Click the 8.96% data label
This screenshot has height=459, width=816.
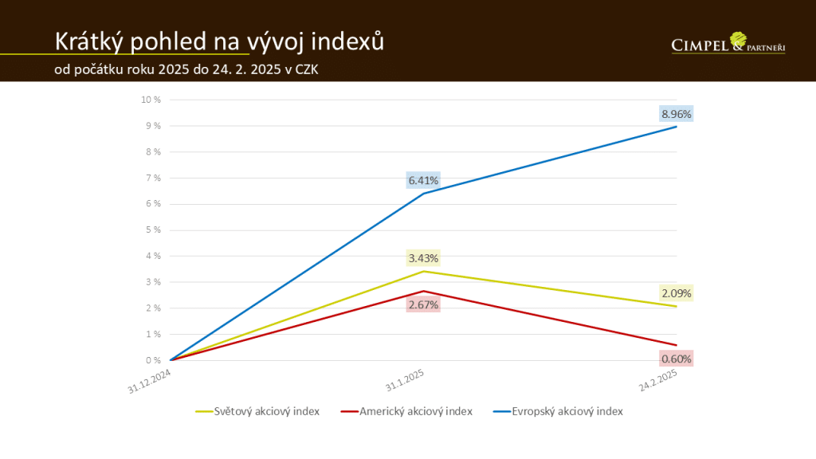(677, 114)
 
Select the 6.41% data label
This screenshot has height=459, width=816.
(423, 181)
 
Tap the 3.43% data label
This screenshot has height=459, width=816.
(423, 258)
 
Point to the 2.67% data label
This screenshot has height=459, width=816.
(423, 304)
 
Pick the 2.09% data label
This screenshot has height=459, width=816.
(677, 293)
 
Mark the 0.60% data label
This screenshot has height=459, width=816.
(677, 359)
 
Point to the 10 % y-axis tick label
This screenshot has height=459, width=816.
(151, 100)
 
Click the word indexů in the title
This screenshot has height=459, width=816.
(346, 41)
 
